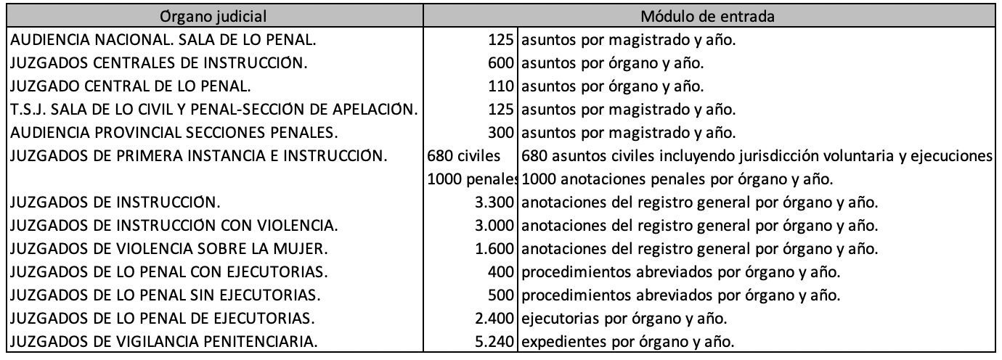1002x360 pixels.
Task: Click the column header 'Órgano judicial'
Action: coord(215,14)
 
